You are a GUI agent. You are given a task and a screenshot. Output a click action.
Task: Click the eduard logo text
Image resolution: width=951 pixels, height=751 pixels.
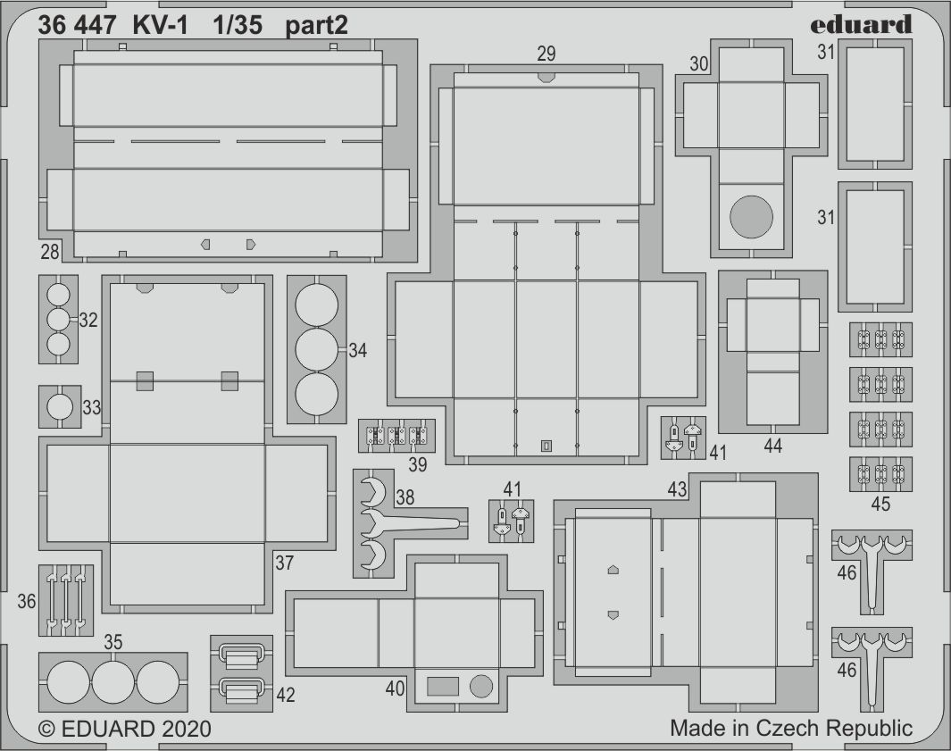coord(861,26)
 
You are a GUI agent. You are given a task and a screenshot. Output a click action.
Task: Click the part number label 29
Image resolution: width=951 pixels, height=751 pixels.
coord(546,54)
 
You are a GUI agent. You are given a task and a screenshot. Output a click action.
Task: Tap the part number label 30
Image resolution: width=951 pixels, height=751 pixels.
coord(699,63)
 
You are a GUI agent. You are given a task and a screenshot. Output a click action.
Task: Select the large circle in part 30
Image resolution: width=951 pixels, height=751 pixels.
coord(752,217)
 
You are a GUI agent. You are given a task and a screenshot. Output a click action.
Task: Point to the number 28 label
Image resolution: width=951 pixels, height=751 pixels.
coord(50,252)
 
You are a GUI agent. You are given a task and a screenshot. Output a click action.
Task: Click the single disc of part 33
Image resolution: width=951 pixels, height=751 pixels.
coord(60,407)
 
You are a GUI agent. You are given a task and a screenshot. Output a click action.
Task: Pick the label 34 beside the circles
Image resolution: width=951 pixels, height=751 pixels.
coord(357,351)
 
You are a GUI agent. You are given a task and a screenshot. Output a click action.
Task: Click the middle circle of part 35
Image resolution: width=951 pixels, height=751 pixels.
coord(113,682)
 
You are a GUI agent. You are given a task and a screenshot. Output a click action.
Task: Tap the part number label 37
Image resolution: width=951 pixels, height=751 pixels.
coord(285,563)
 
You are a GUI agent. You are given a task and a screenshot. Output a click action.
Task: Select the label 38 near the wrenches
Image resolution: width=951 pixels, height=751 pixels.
coord(405,497)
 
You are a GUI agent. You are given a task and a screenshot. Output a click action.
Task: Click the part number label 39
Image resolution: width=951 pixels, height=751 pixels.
coord(417,464)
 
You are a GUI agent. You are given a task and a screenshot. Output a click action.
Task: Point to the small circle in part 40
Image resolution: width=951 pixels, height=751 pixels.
coord(481,686)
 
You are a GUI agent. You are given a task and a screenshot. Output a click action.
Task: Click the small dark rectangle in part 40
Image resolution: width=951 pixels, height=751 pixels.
coord(443,686)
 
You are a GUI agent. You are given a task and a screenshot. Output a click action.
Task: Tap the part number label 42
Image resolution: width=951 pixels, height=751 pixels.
coord(285,696)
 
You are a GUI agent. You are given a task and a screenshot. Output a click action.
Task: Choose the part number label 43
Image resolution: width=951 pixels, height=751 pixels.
coord(677,489)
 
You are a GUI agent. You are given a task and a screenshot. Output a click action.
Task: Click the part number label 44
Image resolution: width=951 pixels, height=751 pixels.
coord(772,446)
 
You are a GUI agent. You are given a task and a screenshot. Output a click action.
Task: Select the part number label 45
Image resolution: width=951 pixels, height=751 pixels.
coord(880,504)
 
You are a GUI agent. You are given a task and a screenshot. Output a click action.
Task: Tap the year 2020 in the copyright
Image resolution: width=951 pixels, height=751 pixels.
coord(187,729)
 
